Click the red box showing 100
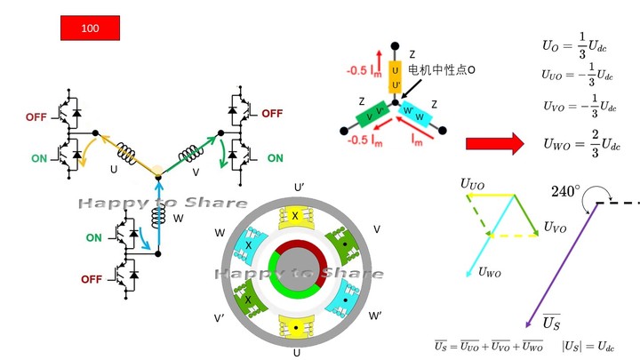(90, 28)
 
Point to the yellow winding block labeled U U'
(396, 80)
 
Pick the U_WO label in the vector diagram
(489, 272)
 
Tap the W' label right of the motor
(376, 316)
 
